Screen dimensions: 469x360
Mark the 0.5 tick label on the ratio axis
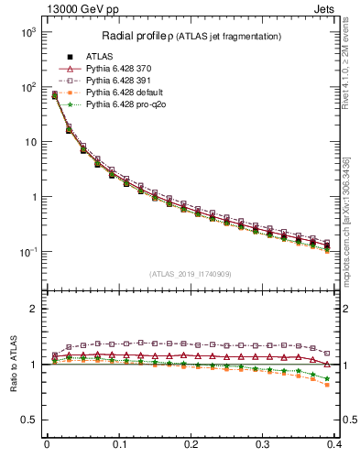(30, 420)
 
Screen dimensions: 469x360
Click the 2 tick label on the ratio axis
(34, 309)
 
